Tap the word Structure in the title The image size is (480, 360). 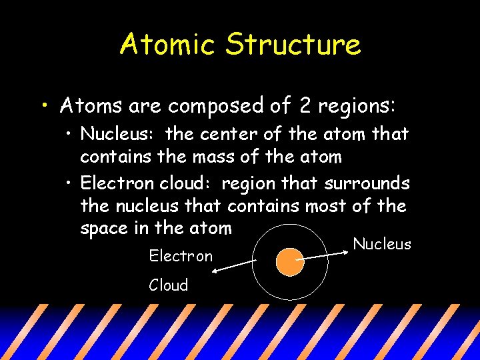293,45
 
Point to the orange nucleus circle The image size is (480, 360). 289,262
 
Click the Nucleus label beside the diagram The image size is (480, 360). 382,244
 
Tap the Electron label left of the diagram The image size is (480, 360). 181,255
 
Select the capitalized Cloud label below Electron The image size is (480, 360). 169,285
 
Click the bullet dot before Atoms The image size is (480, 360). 43,106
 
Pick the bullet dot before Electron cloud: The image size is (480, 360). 71,183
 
